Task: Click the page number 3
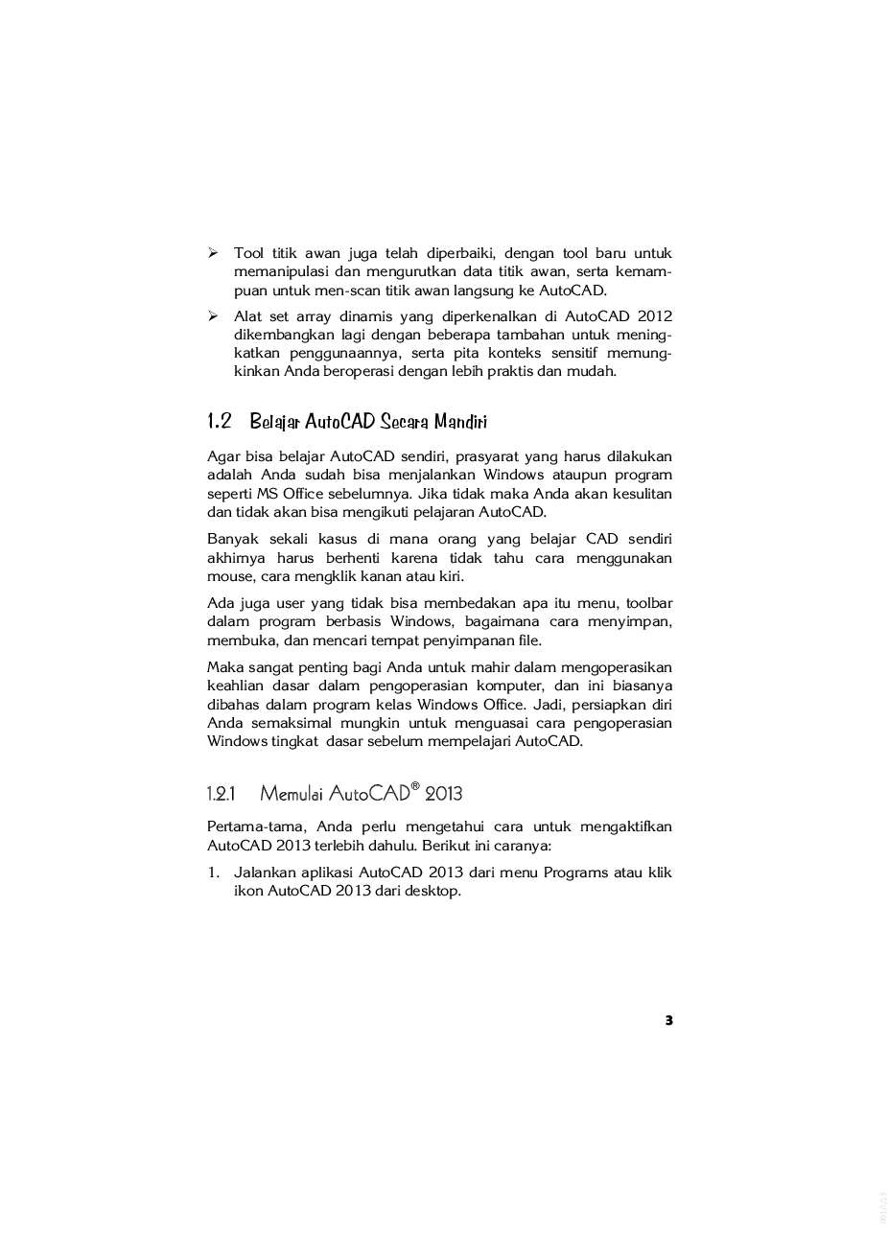pyautogui.click(x=668, y=1020)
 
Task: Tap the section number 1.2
pyautogui.click(x=220, y=421)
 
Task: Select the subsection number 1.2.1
pyautogui.click(x=221, y=794)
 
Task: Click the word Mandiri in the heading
pyautogui.click(x=460, y=422)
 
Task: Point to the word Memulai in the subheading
pyautogui.click(x=292, y=794)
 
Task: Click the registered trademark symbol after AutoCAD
pyautogui.click(x=415, y=786)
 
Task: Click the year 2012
pyautogui.click(x=653, y=316)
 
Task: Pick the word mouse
pyautogui.click(x=229, y=576)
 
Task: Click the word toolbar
pyautogui.click(x=650, y=603)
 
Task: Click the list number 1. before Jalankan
pyautogui.click(x=214, y=872)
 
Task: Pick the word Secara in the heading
pyautogui.click(x=404, y=422)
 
